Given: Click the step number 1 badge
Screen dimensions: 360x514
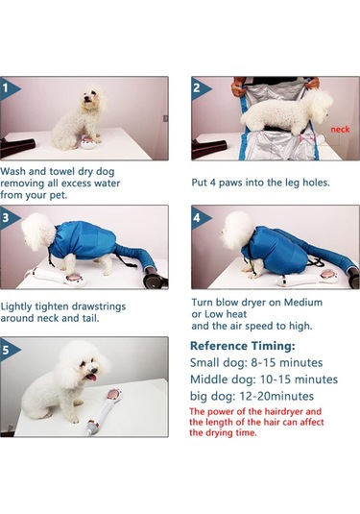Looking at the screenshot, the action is coord(8,88).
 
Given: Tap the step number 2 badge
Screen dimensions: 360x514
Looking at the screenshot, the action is coord(198,88).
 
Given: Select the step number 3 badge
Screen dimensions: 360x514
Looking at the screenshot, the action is coord(8,218).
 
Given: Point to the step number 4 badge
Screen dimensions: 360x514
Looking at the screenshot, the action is coord(198,218).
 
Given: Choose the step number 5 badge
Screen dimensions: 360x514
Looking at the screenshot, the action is coord(8,350).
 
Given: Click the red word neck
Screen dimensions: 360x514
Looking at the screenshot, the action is coord(340,130).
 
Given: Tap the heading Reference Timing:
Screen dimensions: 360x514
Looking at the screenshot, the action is coord(243,346).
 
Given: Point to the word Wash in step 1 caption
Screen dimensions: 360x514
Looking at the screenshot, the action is coord(13,171).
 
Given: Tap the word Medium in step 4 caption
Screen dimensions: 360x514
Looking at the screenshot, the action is coord(303,302).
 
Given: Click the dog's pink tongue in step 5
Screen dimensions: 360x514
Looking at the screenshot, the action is coord(92,378).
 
